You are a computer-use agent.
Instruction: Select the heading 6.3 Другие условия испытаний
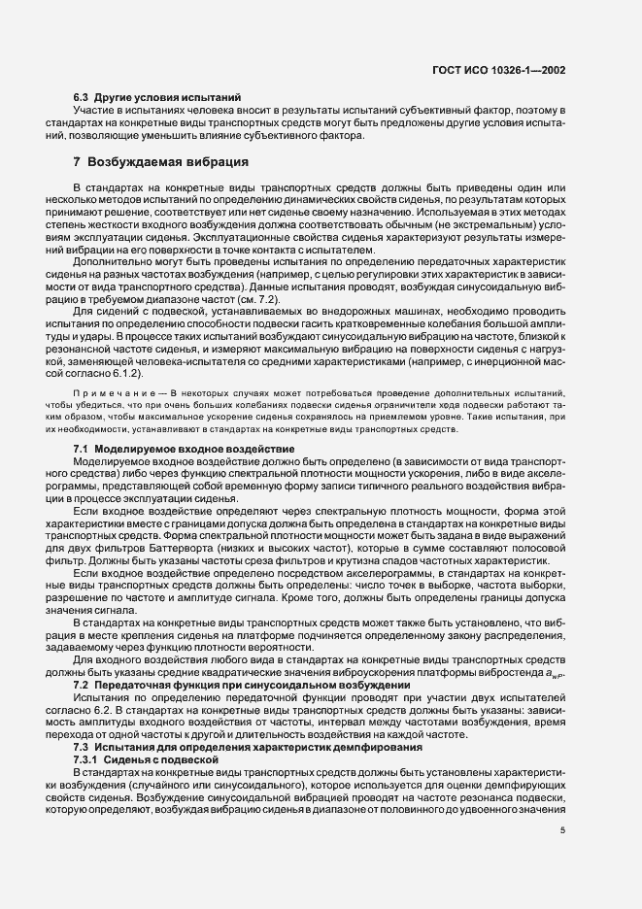[158, 99]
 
